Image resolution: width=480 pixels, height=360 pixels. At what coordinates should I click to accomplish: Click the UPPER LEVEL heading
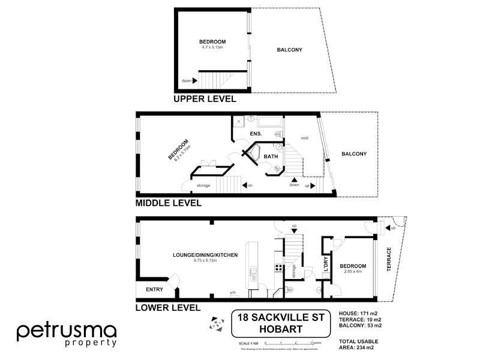[204, 100]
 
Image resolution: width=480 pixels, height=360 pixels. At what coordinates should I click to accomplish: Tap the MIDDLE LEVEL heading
[168, 203]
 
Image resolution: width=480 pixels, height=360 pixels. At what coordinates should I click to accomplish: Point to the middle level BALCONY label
[354, 154]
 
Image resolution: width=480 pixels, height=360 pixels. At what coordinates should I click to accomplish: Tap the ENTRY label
[154, 289]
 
